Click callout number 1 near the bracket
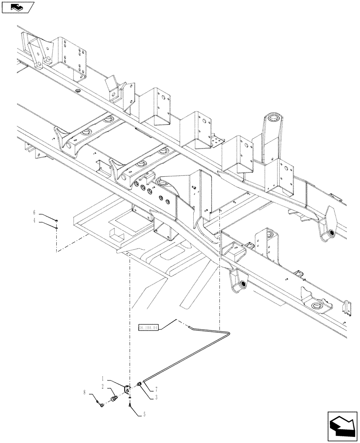pyautogui.click(x=102, y=379)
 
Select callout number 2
pyautogui.click(x=102, y=387)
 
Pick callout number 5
pyautogui.click(x=144, y=415)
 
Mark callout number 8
pyautogui.click(x=84, y=392)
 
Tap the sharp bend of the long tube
pyautogui.click(x=227, y=332)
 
